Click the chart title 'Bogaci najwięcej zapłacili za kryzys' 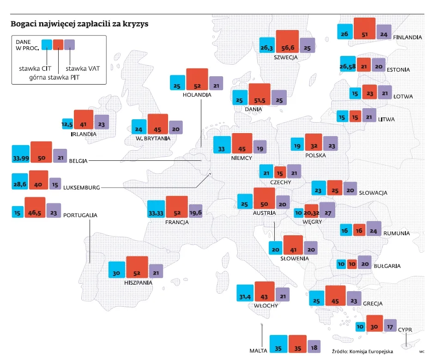(79, 24)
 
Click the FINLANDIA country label (407, 37)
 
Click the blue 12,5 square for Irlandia (68, 124)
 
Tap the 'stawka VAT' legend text (83, 68)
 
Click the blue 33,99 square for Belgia (20, 154)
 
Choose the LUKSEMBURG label (81, 188)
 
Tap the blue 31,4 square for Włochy (245, 293)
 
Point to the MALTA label (258, 350)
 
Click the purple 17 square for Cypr (390, 326)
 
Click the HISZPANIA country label (138, 282)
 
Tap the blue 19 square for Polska (298, 145)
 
